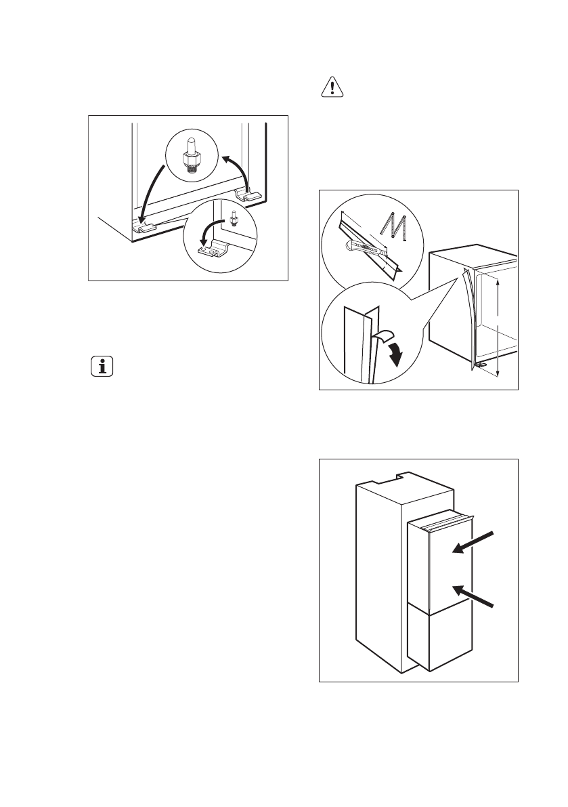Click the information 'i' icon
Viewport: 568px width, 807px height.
click(102, 367)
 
